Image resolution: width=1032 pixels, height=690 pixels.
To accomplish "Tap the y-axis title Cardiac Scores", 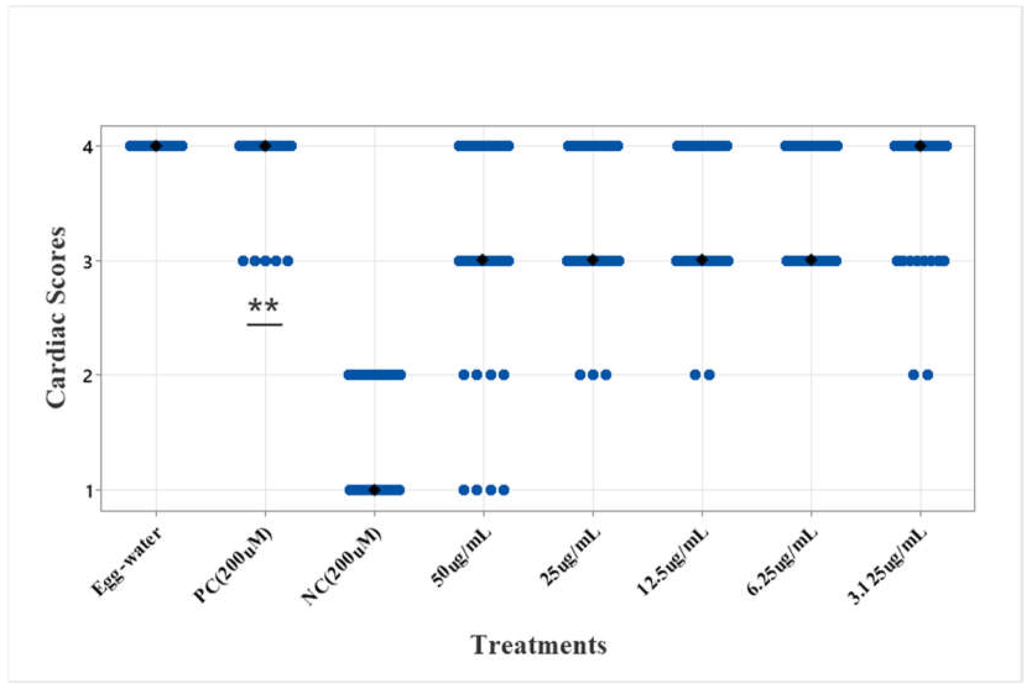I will (x=56, y=318).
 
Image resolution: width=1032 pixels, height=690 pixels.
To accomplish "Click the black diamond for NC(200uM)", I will (x=374, y=490).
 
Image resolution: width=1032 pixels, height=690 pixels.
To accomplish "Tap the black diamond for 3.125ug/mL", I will (x=920, y=146).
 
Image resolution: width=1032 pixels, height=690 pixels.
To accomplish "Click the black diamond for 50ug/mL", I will (x=483, y=260).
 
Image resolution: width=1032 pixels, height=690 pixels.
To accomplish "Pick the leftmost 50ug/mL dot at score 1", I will (x=464, y=490).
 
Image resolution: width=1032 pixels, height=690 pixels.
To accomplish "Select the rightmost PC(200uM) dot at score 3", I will (x=288, y=261).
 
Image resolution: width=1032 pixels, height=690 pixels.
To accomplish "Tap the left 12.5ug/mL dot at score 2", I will (x=695, y=375).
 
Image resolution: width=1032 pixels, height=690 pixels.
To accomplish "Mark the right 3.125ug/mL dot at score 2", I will (x=928, y=375).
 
